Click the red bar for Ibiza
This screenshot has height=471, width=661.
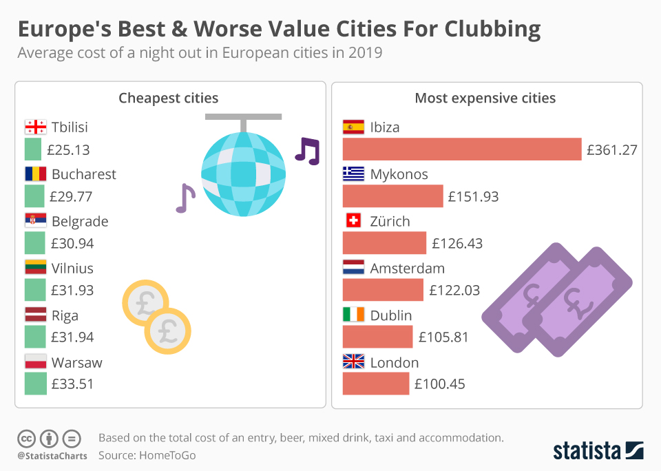pos(462,149)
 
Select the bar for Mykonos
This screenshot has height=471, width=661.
pos(392,196)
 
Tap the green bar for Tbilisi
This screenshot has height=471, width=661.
pos(33,149)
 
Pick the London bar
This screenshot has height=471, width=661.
pos(375,384)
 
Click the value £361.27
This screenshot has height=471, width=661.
pos(612,149)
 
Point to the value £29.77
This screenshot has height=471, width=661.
pos(71,197)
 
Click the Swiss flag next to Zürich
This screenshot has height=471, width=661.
pos(353,221)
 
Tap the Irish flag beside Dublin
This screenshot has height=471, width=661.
pos(353,315)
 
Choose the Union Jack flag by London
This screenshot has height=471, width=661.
pos(353,362)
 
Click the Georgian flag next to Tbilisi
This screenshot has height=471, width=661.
pos(35,127)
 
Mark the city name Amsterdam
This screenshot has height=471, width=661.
pos(408,269)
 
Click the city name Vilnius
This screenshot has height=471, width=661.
pos(72,269)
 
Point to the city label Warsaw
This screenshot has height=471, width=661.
pos(76,362)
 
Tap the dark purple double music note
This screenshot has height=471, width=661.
pos(307,150)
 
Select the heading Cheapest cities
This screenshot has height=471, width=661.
pos(169,98)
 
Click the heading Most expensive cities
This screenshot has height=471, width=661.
pos(485,98)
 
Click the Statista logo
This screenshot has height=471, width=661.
pos(598,451)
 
